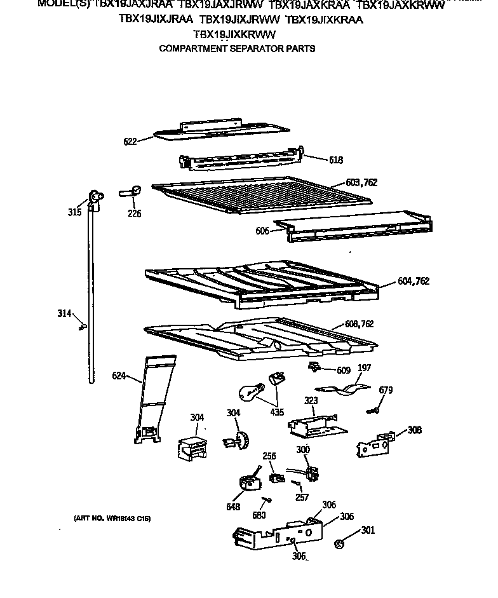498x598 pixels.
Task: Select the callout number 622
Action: click(x=130, y=142)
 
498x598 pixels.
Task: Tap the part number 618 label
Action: click(x=336, y=160)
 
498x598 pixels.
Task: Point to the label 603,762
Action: click(x=361, y=182)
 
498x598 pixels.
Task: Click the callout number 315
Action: click(x=75, y=212)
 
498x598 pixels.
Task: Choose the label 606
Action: click(x=262, y=231)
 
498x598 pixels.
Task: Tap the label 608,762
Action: click(x=358, y=324)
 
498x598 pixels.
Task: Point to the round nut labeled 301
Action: click(x=339, y=543)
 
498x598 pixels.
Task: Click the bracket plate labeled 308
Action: click(x=373, y=444)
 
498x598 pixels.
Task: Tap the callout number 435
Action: click(x=277, y=412)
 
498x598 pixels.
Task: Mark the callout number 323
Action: click(x=311, y=401)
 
